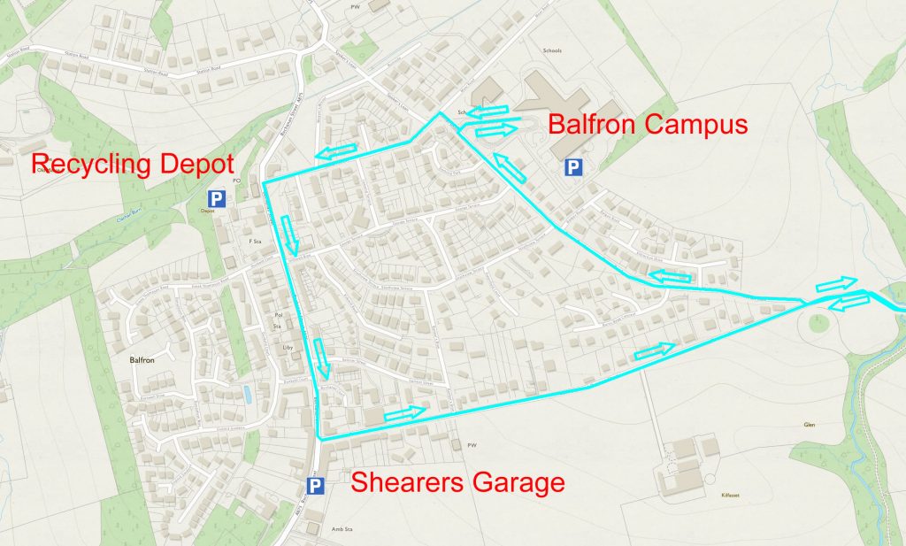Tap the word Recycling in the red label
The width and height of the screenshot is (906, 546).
point(88,164)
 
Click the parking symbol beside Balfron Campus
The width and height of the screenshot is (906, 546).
point(573,167)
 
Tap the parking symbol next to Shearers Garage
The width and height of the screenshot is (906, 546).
point(314,485)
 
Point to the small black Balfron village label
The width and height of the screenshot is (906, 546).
point(130,361)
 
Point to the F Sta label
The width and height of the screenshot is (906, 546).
point(256,241)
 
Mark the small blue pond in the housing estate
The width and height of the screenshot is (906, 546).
point(246,395)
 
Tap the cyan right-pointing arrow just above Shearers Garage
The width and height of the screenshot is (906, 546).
point(405,411)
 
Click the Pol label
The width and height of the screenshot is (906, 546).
point(278,314)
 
